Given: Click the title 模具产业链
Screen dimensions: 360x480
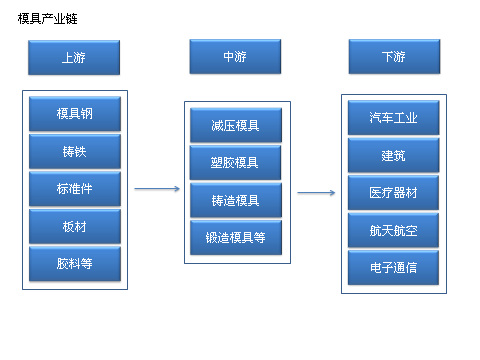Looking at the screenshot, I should tap(49, 19).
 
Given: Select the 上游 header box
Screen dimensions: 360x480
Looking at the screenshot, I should tap(74, 58).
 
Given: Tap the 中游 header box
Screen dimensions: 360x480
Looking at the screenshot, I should tap(235, 57).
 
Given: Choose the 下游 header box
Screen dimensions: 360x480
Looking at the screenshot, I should tap(393, 57).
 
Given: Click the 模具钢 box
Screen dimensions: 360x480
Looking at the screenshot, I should tap(75, 113).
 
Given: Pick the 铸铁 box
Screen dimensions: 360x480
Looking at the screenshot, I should tap(75, 151).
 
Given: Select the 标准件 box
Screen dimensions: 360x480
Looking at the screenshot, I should tap(75, 188).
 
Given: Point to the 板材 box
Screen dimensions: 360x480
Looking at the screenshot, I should tap(75, 226).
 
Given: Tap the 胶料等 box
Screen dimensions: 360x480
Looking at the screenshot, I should tap(75, 264).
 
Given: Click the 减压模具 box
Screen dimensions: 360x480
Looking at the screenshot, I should tap(236, 125).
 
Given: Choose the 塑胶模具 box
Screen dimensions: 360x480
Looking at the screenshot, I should tap(236, 162).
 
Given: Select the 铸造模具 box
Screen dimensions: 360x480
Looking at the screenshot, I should tap(236, 200).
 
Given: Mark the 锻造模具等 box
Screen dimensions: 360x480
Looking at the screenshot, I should tap(236, 237).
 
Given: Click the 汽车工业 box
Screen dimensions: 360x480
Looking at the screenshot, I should tap(393, 118).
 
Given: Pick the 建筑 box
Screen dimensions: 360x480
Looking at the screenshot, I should tap(393, 155).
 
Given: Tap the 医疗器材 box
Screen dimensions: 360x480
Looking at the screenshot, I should tap(393, 192).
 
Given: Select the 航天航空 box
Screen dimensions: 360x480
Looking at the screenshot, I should tap(393, 229).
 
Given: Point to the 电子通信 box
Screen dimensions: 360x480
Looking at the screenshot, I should tap(393, 267).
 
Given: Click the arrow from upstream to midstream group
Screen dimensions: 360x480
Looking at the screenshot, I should tap(156, 188).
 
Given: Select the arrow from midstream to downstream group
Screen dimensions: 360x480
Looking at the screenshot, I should tap(316, 193).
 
